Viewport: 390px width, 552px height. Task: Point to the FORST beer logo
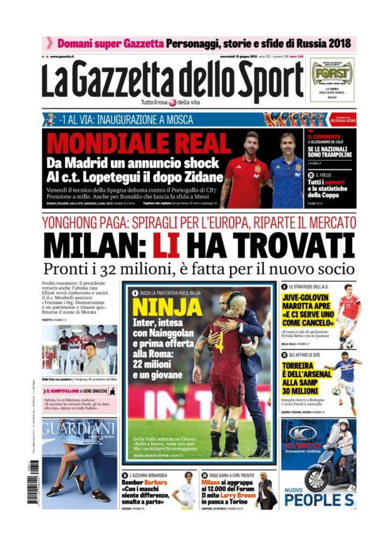pyautogui.click(x=332, y=73)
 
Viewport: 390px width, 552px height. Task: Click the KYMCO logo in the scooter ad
pyautogui.click(x=304, y=433)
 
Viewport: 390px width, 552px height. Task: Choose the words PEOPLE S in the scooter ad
pyautogui.click(x=319, y=499)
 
